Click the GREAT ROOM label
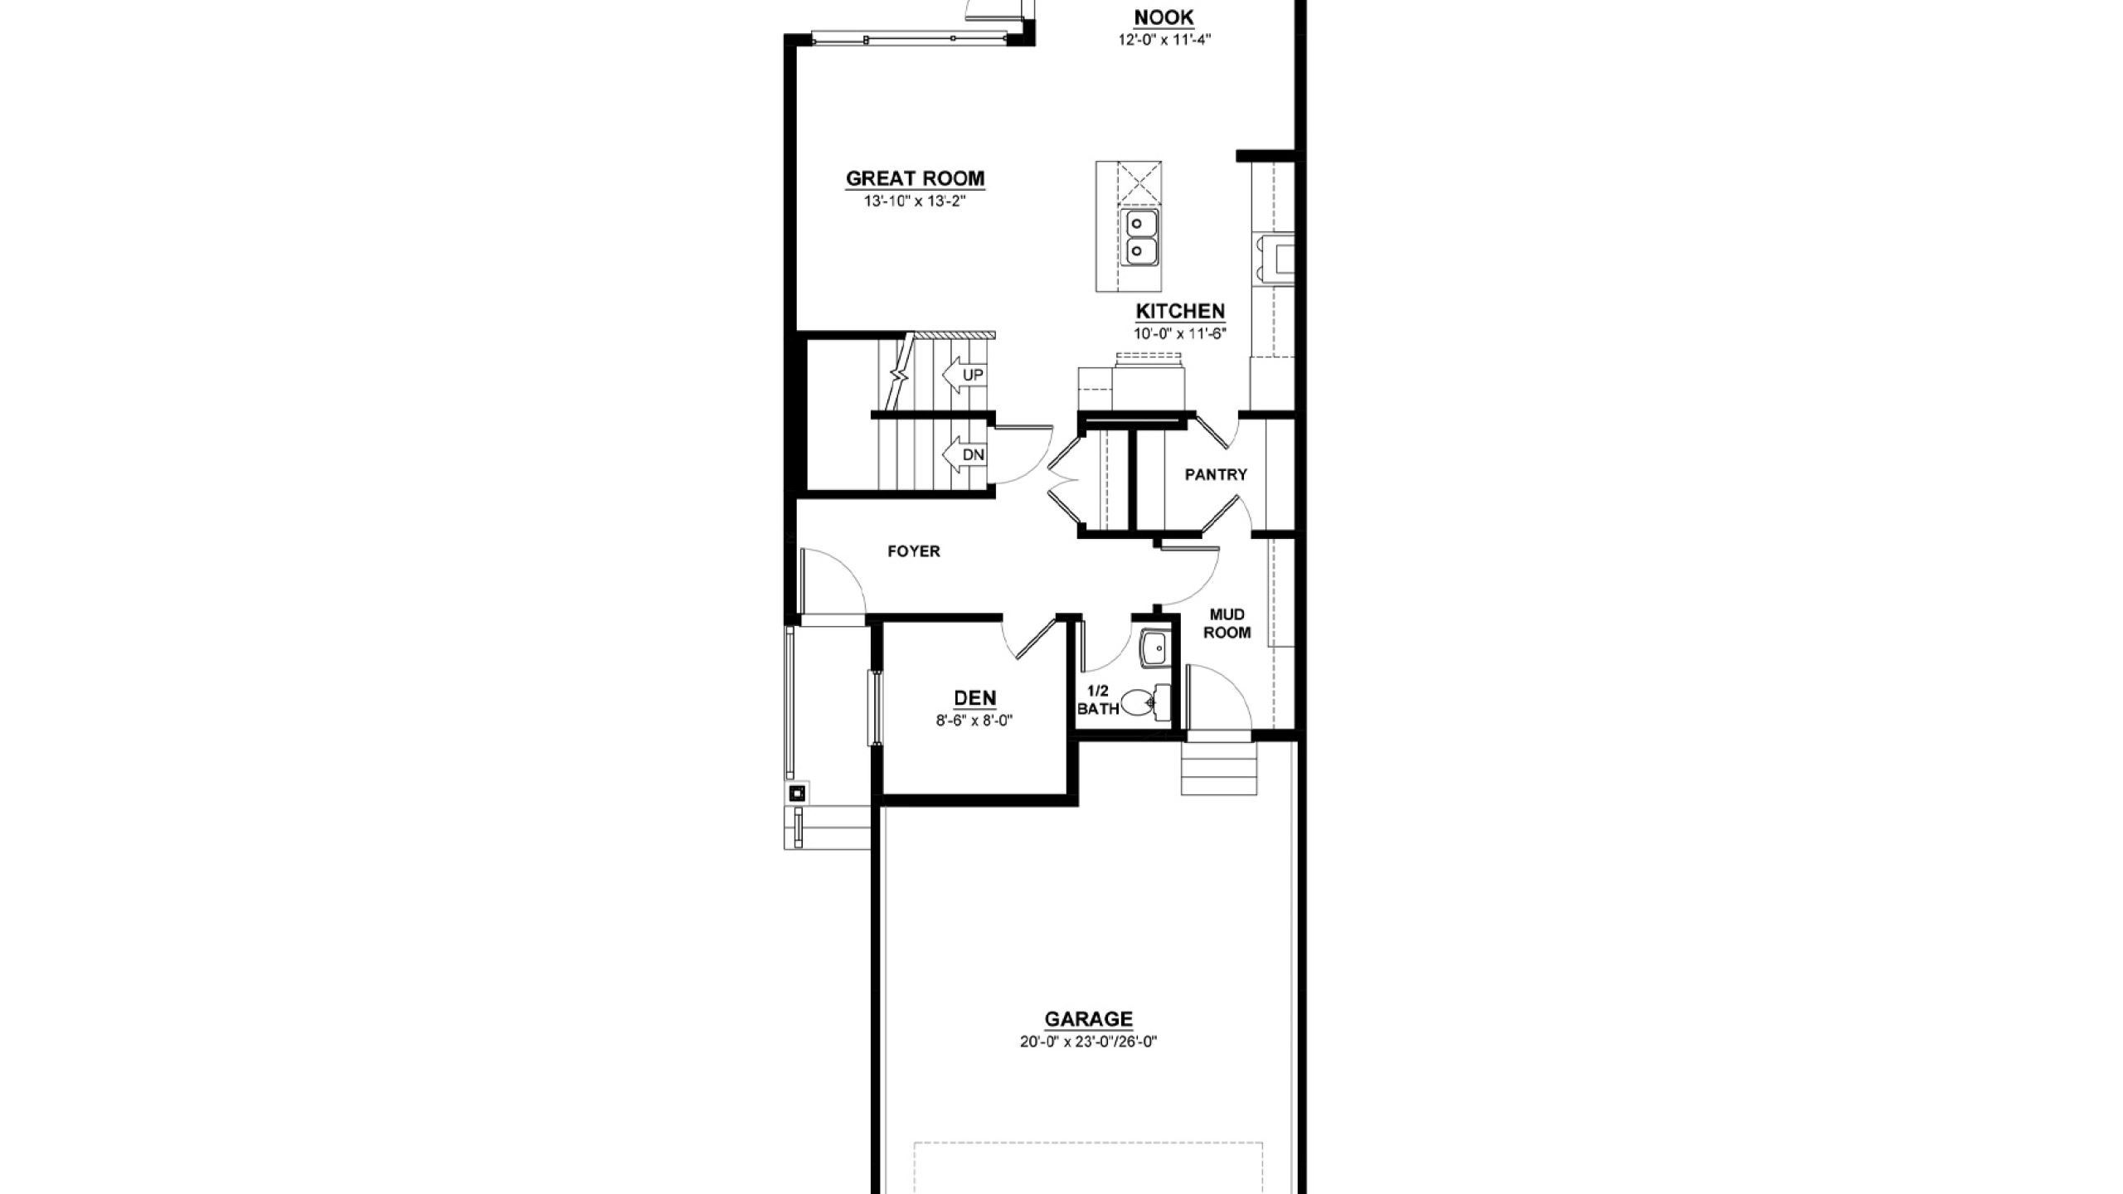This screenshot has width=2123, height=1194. coord(915,178)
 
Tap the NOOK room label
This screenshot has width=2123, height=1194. coord(1164,17)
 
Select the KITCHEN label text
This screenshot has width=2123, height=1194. coord(1180,312)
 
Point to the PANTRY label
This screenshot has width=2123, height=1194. coord(1216,475)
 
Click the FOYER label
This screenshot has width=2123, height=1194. coord(914,551)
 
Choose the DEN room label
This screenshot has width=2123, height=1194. coord(975,698)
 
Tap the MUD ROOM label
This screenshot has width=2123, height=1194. coord(1227,624)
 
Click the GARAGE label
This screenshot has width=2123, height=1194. coord(1088,1019)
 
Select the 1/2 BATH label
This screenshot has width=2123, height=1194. coord(1098,700)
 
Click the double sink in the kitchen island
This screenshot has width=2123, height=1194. coord(1140,237)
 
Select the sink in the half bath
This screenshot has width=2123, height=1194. coord(1155,649)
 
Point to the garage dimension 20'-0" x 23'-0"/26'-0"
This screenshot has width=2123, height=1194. coord(1088,1042)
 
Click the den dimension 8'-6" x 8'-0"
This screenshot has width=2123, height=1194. coord(974,721)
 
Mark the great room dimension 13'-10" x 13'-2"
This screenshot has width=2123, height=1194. coord(915,201)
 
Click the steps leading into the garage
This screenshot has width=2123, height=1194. coord(1219,769)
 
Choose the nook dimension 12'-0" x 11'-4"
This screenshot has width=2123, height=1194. coord(1164,39)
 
